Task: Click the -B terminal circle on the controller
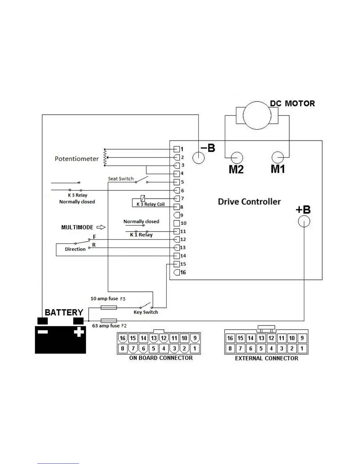tap(199, 158)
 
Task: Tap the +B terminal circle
tap(304, 221)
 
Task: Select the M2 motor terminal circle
tap(237, 158)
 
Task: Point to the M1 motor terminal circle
tap(278, 157)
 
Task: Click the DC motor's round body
tap(257, 115)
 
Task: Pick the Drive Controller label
tap(249, 202)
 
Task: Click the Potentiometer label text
tap(77, 159)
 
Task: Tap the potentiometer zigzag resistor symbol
tap(105, 158)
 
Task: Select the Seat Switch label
tap(121, 179)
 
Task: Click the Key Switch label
tap(146, 312)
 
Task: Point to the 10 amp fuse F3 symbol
tap(109, 307)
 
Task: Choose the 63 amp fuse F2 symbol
tap(109, 320)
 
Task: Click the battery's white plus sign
tap(79, 332)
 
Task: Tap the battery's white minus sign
tap(43, 332)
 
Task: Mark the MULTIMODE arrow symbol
tap(101, 227)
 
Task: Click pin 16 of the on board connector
tap(123, 338)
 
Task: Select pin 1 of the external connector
tap(302, 349)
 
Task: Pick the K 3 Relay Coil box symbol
tap(143, 199)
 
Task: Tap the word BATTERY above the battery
tap(64, 312)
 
